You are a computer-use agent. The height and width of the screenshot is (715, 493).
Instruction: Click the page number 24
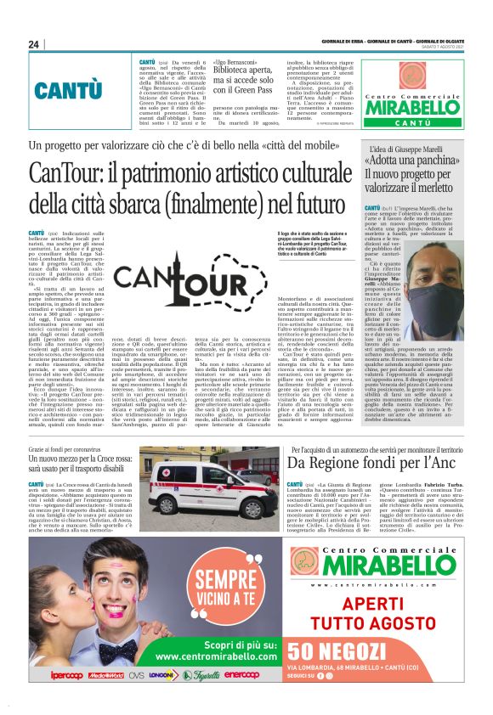tap(33, 44)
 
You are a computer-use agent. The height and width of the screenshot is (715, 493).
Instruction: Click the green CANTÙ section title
tap(71, 89)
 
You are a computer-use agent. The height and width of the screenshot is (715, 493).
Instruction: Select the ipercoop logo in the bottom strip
tap(68, 675)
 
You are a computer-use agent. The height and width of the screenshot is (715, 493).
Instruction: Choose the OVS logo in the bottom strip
tap(136, 675)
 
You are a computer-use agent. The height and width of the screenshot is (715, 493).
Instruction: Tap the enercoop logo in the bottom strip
tap(241, 675)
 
